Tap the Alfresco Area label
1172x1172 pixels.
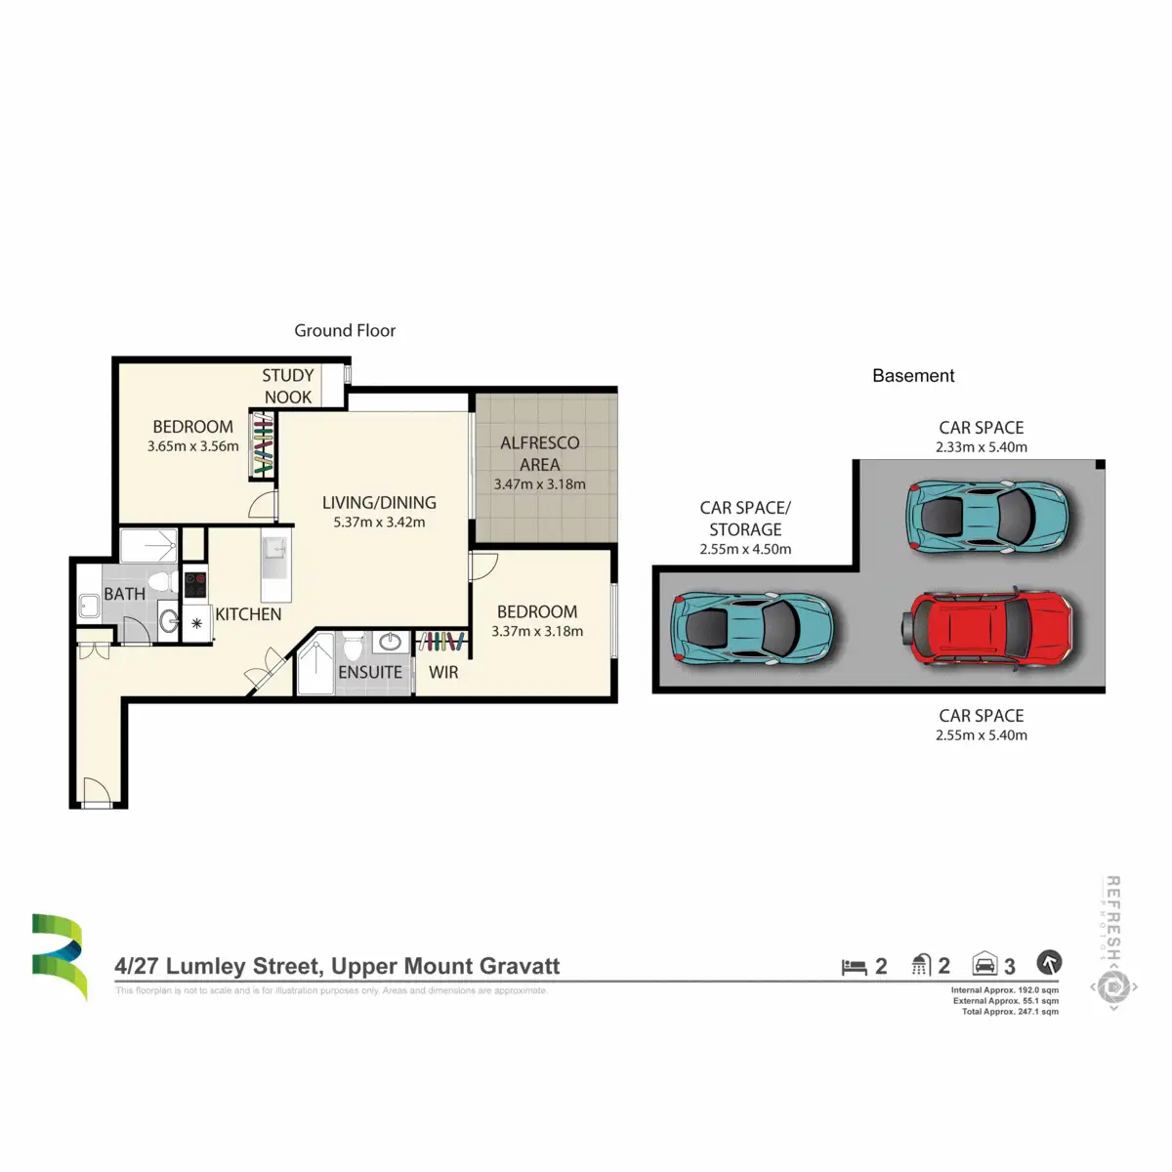point(539,453)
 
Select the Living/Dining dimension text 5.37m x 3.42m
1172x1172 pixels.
point(379,523)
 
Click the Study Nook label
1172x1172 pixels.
point(288,386)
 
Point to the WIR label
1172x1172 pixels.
point(443,672)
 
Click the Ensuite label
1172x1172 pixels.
point(370,672)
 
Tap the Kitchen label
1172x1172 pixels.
point(248,614)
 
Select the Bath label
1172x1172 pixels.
point(125,594)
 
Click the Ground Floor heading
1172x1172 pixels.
point(345,330)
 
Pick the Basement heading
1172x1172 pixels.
point(913,376)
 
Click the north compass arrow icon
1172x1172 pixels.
point(1049,963)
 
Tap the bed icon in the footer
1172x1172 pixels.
point(855,967)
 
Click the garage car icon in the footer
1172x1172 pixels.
point(984,965)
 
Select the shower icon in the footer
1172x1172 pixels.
point(920,966)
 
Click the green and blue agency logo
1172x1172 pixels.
point(59,956)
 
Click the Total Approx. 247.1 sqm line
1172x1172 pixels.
point(1010,1012)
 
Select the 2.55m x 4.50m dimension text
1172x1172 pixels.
point(745,549)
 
